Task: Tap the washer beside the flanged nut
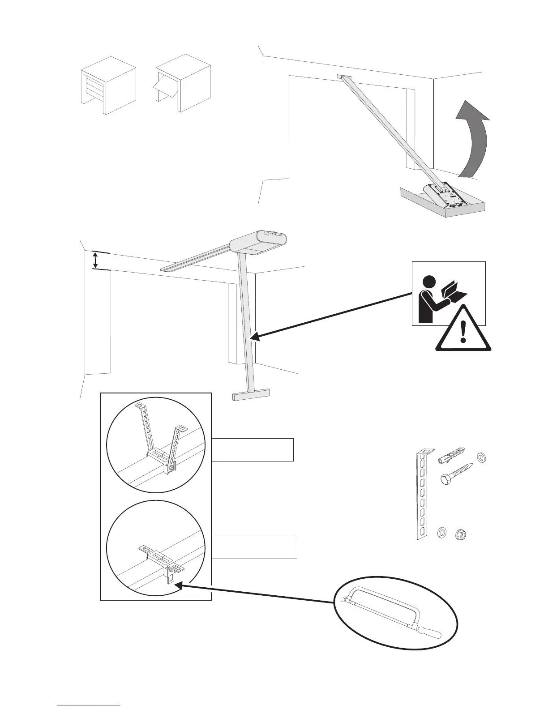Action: coord(441,533)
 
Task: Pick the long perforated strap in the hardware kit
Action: coord(421,495)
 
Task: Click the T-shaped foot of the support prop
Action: coord(252,394)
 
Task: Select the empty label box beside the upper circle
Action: coord(253,450)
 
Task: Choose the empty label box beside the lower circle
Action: coord(254,547)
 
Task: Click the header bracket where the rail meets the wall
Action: coord(343,77)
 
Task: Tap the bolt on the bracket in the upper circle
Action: coord(171,468)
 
